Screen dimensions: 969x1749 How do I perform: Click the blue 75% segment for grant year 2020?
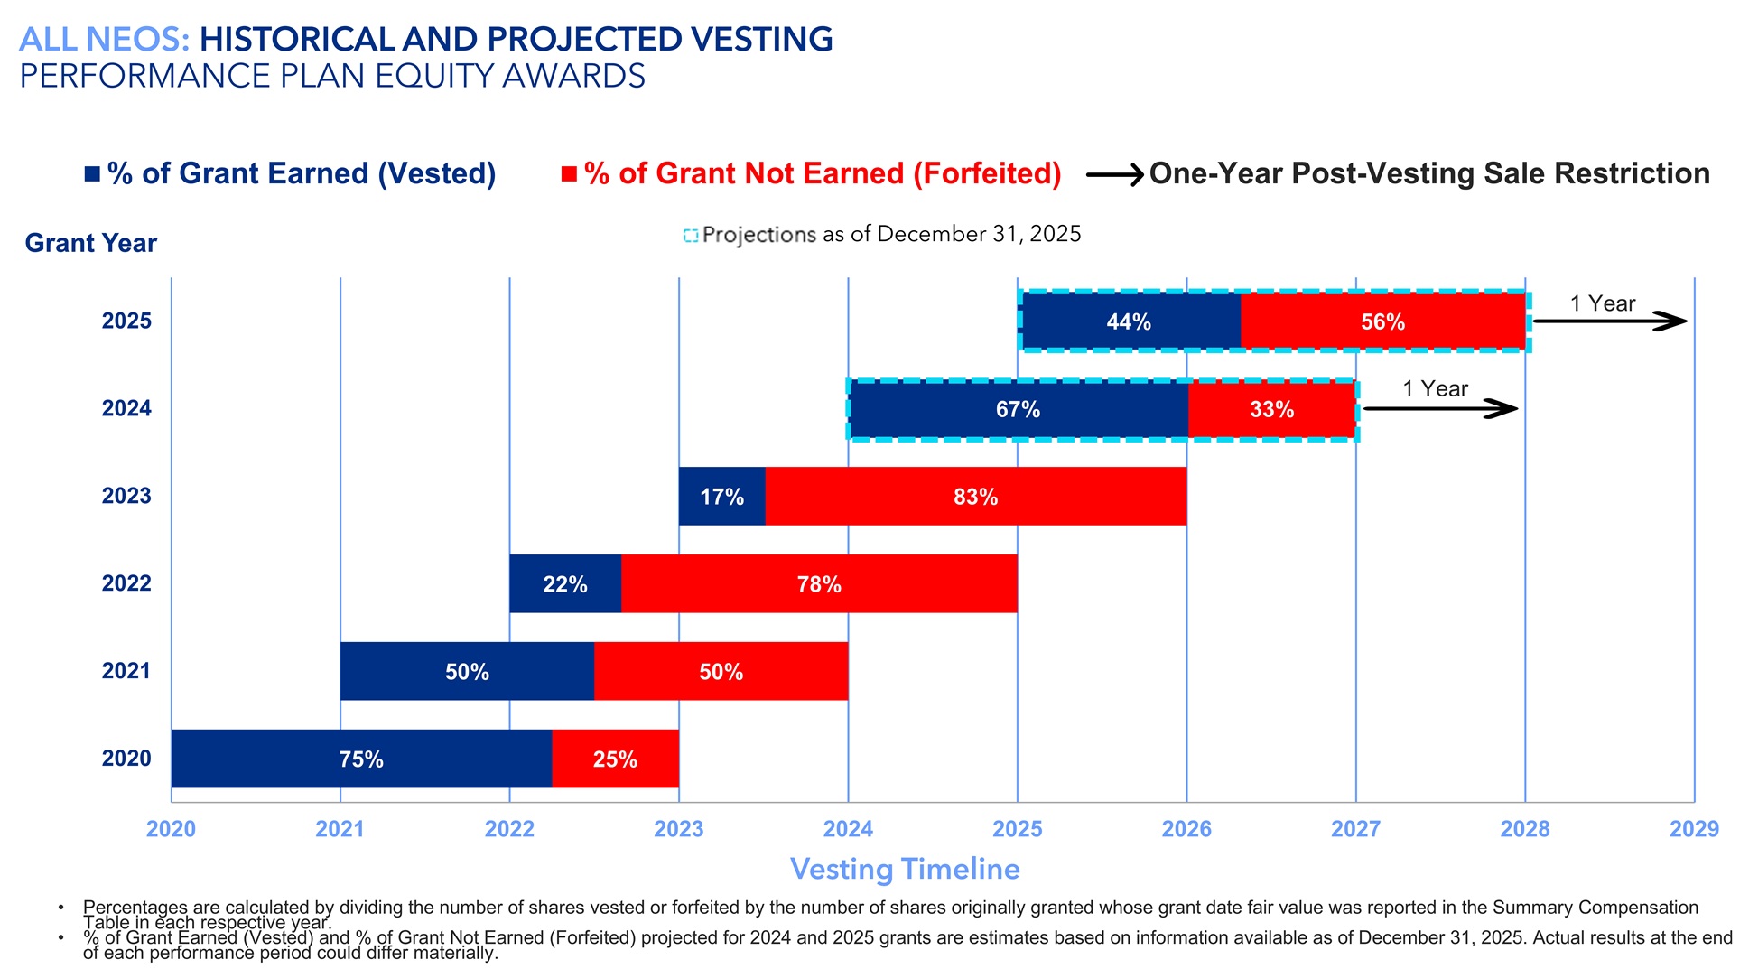tap(361, 759)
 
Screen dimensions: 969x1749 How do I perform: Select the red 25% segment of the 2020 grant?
tap(615, 759)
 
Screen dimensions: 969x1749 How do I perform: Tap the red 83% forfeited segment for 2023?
tap(975, 496)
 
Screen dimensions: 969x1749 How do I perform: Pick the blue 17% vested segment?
tap(721, 496)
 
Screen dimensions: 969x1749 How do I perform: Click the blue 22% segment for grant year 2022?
tap(565, 583)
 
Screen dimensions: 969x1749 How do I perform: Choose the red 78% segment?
tap(819, 583)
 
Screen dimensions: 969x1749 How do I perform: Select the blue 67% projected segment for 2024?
tap(1018, 409)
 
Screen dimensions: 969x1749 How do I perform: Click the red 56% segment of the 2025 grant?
tap(1382, 321)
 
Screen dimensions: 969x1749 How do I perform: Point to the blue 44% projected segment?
tap(1129, 321)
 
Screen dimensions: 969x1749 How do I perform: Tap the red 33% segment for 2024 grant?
tap(1271, 409)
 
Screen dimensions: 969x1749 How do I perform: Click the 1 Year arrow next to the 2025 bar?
tap(1609, 321)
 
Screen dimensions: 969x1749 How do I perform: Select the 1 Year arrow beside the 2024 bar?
tap(1440, 409)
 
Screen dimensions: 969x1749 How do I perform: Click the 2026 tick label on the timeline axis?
tap(1186, 829)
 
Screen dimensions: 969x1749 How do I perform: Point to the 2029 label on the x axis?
tap(1693, 829)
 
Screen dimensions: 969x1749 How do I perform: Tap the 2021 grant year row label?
tap(126, 671)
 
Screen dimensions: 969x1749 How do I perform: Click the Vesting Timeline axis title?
tap(905, 869)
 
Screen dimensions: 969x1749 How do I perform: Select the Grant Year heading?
tap(90, 243)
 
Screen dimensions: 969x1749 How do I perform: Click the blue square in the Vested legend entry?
tap(92, 173)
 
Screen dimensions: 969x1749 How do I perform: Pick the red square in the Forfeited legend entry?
tap(569, 173)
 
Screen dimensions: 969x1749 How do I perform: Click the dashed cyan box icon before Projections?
tap(691, 236)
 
